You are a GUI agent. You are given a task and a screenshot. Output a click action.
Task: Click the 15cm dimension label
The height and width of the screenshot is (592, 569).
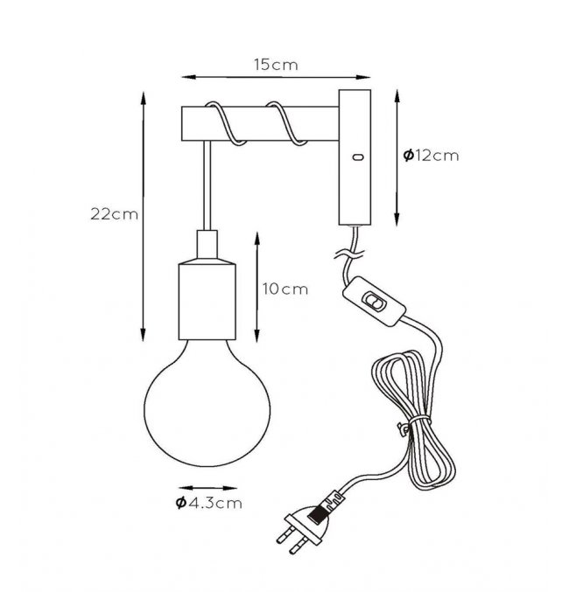click(x=276, y=65)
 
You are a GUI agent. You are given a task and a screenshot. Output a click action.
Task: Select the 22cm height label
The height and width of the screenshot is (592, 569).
click(x=114, y=214)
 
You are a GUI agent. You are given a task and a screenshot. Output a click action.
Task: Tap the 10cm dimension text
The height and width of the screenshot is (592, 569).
click(x=285, y=289)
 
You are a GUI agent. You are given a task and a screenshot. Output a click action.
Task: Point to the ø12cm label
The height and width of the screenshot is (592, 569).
click(x=431, y=156)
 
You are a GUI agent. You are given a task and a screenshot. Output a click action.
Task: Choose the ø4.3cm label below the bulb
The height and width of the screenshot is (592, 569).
click(x=208, y=503)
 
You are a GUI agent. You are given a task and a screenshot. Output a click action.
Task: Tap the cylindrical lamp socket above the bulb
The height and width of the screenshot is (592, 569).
click(x=207, y=302)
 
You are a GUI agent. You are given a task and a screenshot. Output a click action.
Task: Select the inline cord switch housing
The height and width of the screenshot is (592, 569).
click(x=374, y=301)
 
